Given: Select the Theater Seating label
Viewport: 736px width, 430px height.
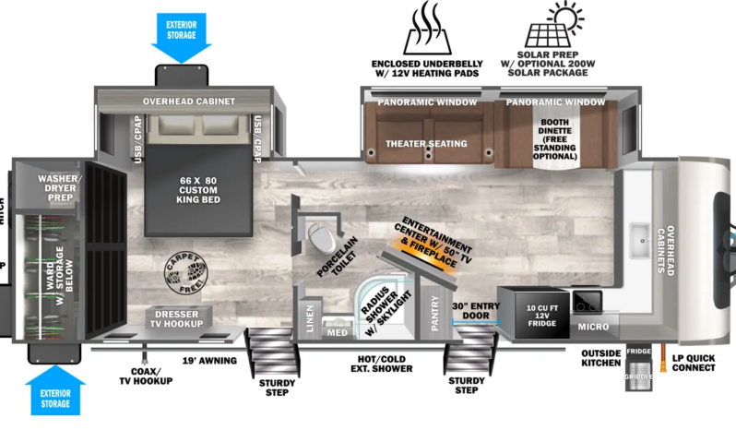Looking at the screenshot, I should point(426,144).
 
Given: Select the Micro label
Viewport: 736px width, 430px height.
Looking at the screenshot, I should point(593,327).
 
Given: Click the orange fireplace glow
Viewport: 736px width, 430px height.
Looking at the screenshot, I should point(402,245).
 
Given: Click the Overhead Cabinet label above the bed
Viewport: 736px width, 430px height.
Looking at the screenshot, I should point(188,102).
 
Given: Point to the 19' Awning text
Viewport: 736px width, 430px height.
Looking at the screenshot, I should point(208,361).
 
